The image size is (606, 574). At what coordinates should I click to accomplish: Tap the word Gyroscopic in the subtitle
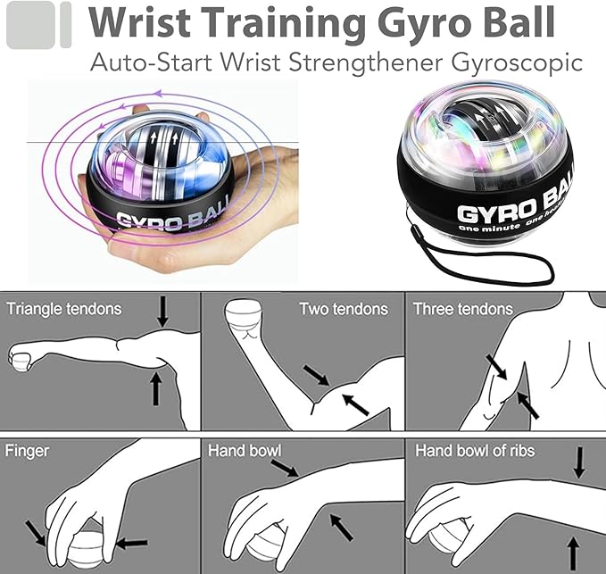click(534, 62)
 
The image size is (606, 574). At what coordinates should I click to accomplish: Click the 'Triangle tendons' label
click(64, 310)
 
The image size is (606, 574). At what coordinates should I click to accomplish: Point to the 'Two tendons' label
click(344, 310)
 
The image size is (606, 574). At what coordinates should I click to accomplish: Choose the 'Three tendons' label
click(463, 310)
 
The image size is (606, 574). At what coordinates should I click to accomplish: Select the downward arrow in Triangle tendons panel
click(162, 311)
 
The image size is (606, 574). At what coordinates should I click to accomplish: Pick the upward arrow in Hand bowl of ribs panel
click(571, 550)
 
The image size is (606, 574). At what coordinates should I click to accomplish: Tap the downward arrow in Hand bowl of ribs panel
click(579, 462)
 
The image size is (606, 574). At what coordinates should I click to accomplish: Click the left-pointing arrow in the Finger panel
click(130, 542)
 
